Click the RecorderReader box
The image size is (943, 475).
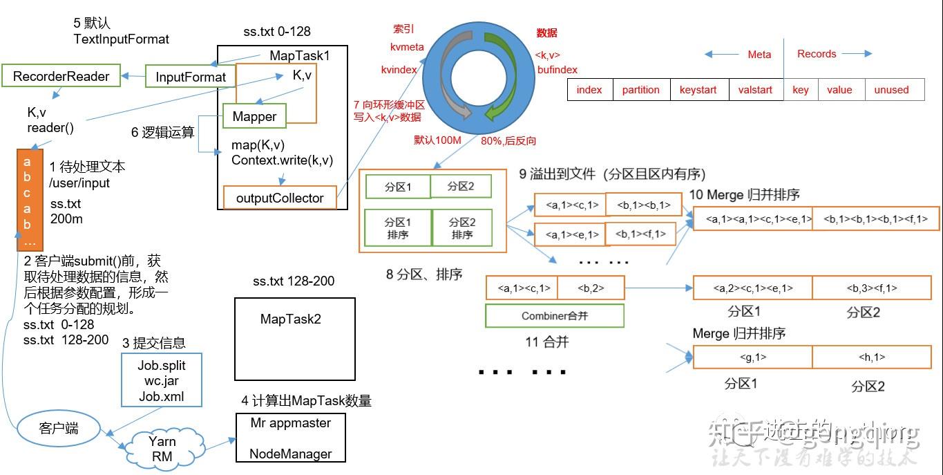tap(61, 76)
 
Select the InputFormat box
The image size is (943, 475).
tap(191, 77)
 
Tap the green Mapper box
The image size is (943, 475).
tap(254, 116)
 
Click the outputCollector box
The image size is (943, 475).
tap(280, 198)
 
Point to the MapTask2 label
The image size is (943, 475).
tap(290, 319)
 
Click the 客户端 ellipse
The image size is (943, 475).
tap(58, 427)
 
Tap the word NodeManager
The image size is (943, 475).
tap(290, 454)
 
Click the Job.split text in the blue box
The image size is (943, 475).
tap(162, 365)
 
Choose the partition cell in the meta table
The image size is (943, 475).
tap(640, 90)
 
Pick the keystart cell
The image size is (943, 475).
tap(698, 90)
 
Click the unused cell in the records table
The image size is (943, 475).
tap(891, 90)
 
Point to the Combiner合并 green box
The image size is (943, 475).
tap(554, 316)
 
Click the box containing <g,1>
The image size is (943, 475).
tap(752, 357)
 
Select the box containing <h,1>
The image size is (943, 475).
tap(871, 357)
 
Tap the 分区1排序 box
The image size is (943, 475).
tap(397, 228)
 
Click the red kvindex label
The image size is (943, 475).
tap(399, 70)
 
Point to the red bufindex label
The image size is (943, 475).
tap(557, 70)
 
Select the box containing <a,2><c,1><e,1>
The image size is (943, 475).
tap(752, 288)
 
